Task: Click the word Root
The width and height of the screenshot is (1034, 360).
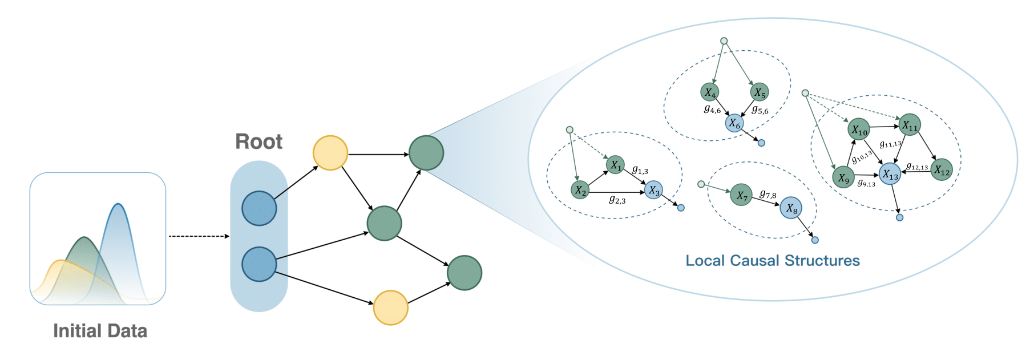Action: [x=258, y=141]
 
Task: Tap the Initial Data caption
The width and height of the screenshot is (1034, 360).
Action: [x=100, y=331]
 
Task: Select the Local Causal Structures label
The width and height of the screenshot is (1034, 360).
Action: [x=772, y=261]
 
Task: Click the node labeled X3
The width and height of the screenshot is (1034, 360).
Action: [x=653, y=191]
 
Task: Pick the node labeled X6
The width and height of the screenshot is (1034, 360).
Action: [x=734, y=123]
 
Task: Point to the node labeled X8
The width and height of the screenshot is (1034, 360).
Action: [x=791, y=208]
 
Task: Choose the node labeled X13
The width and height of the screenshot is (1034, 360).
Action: [x=890, y=174]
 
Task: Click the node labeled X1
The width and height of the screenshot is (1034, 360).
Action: [x=615, y=165]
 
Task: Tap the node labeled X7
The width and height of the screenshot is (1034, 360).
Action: [x=741, y=195]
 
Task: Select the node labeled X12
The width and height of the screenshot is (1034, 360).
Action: [x=942, y=169]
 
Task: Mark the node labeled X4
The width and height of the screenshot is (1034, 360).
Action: [x=709, y=92]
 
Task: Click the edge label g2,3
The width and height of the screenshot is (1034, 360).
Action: [x=617, y=200]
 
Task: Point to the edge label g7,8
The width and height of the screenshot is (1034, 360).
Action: [x=768, y=195]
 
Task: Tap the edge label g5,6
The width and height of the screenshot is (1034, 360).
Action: [x=760, y=110]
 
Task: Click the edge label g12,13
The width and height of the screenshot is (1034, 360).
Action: [x=917, y=167]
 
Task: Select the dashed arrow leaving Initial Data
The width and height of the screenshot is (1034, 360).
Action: [x=198, y=236]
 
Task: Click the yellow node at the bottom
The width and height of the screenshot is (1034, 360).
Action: [x=390, y=308]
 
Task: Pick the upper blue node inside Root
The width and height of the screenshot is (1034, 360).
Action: [x=259, y=208]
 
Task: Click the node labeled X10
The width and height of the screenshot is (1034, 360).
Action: [x=859, y=130]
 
